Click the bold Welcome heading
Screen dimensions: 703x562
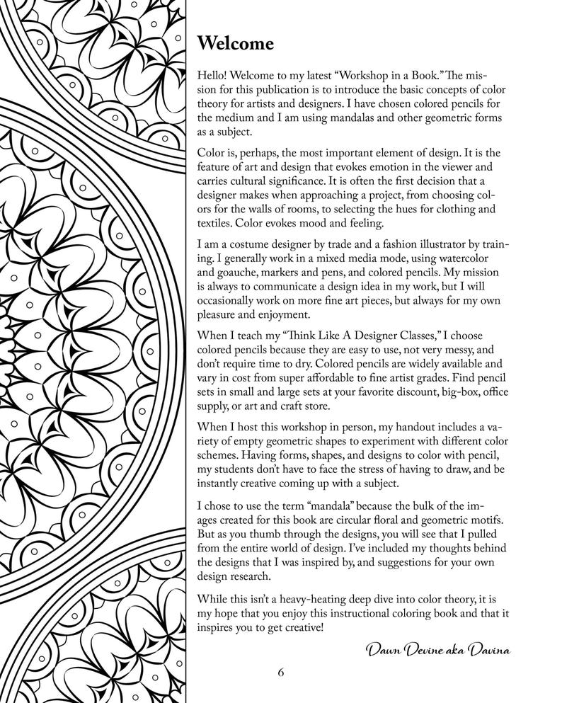pyautogui.click(x=235, y=44)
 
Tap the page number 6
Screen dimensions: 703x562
pyautogui.click(x=281, y=672)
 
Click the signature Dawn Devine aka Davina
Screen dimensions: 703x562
pyautogui.click(x=437, y=650)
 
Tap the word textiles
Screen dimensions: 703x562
pyautogui.click(x=214, y=224)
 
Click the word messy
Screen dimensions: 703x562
pyautogui.click(x=454, y=350)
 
